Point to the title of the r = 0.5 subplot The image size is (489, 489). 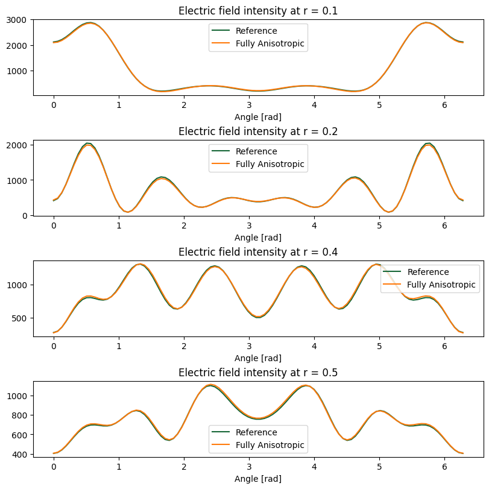[x=258, y=372]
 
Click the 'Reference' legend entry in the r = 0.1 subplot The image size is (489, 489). [x=256, y=31]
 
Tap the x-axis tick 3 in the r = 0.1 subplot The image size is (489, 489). [x=249, y=104]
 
